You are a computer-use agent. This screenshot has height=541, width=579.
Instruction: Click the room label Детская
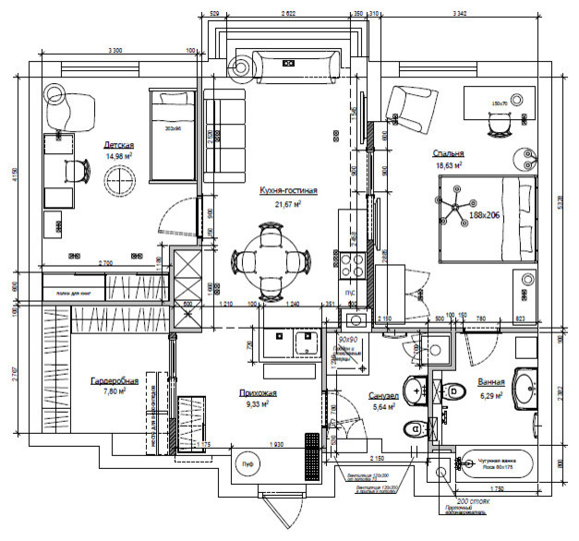120,146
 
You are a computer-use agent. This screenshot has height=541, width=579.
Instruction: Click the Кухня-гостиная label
287,191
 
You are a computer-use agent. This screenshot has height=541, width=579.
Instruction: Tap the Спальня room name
448,154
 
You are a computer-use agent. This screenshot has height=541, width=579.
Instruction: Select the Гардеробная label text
114,380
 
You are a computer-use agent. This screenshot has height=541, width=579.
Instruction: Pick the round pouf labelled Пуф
246,464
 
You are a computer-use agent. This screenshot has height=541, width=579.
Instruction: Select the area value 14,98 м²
120,157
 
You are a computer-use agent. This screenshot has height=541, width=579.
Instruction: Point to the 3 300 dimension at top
115,49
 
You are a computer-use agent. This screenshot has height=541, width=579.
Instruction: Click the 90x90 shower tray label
348,341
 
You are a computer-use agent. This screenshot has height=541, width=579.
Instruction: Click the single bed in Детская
174,136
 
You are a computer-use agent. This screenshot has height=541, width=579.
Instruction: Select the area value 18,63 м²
448,166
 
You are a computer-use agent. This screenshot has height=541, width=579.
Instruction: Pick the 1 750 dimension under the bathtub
500,488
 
